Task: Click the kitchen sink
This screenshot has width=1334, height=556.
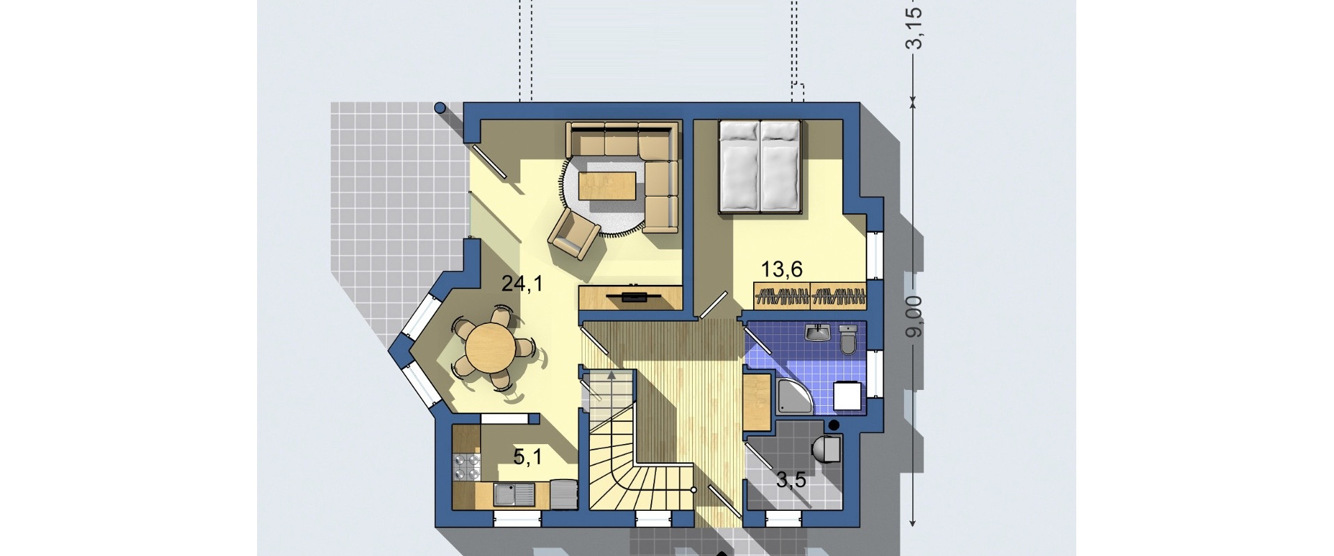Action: (x=513, y=496)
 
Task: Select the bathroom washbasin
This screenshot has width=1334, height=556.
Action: (x=817, y=333)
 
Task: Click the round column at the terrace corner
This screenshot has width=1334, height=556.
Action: (x=440, y=108)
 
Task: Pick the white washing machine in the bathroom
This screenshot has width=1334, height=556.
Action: (x=847, y=396)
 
